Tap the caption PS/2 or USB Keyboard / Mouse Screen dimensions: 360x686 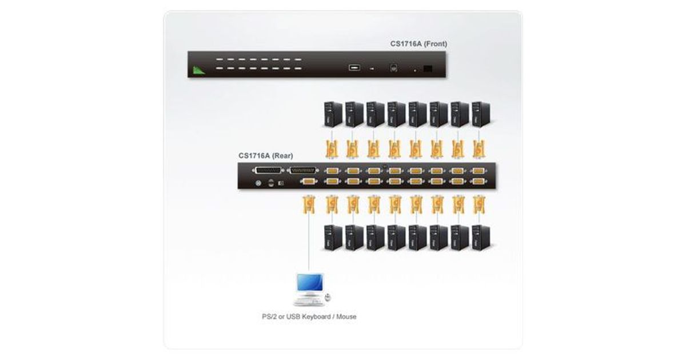coord(306,316)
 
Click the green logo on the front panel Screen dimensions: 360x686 coord(198,70)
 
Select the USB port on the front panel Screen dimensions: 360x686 coord(353,68)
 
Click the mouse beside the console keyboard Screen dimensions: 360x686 coord(328,297)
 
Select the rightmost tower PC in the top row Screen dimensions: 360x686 coord(481,114)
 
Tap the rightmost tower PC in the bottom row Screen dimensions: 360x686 coord(481,237)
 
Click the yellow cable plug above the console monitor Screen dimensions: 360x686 coord(309,204)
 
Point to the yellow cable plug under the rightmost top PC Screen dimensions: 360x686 coord(479,148)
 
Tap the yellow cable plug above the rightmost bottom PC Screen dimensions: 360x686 coord(479,204)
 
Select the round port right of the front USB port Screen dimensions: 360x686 coord(394,68)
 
